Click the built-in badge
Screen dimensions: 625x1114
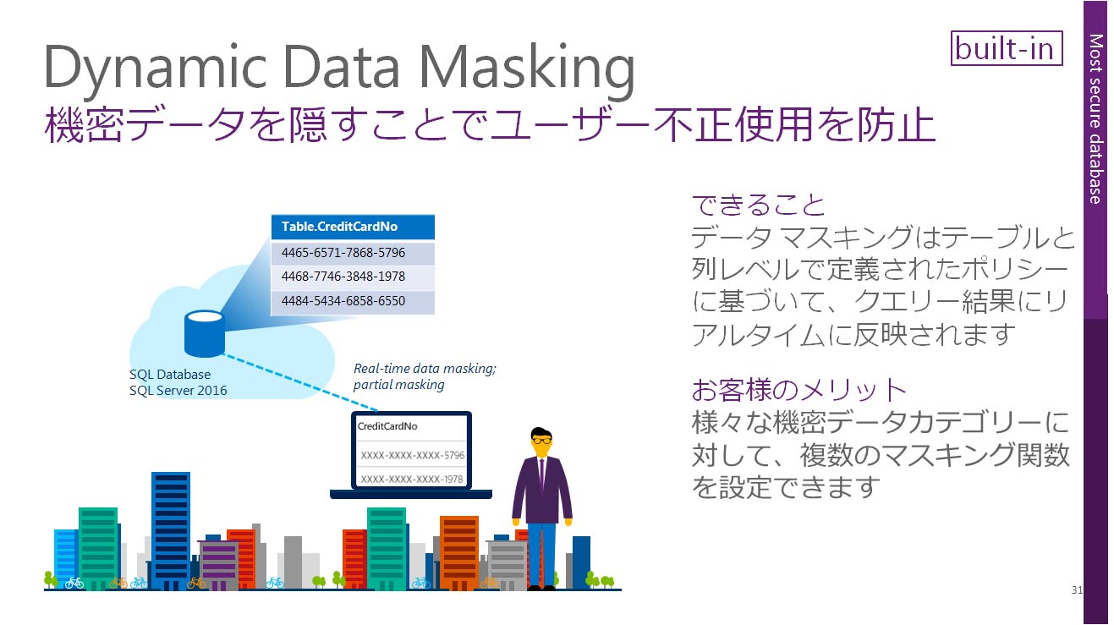click(x=1006, y=48)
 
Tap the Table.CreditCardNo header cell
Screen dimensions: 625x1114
click(x=352, y=227)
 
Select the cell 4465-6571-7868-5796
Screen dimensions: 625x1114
click(x=352, y=253)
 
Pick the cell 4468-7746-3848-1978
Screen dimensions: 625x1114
click(x=352, y=277)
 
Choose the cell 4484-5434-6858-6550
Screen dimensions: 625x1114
click(x=352, y=301)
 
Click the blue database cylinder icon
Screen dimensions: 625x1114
click(x=204, y=333)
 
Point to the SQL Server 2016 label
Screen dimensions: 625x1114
click(x=178, y=391)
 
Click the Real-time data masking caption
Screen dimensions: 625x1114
click(x=425, y=369)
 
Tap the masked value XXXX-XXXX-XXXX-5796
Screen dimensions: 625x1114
click(x=412, y=455)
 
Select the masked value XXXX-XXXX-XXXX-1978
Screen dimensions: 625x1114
click(x=412, y=479)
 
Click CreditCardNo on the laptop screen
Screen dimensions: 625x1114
click(x=387, y=426)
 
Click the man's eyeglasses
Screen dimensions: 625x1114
click(x=541, y=441)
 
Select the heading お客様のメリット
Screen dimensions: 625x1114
click(x=798, y=390)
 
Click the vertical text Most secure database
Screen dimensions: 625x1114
click(x=1095, y=118)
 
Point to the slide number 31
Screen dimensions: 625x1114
click(x=1076, y=589)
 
